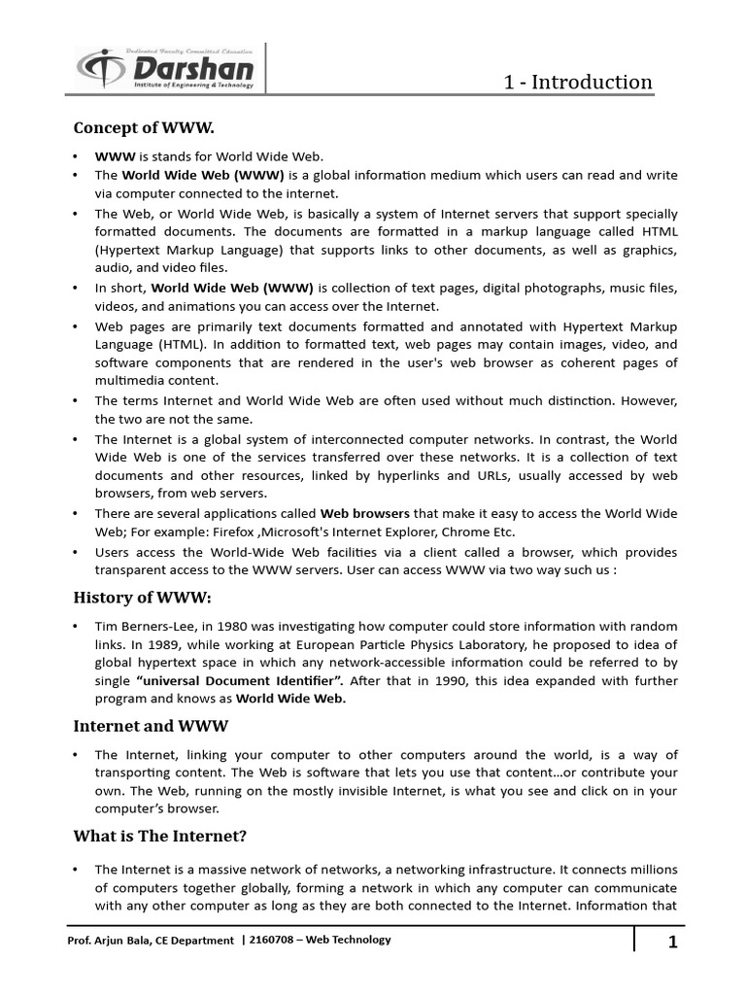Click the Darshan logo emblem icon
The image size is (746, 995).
click(99, 70)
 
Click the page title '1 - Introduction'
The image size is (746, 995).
click(577, 82)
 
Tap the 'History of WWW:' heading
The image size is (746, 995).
click(141, 597)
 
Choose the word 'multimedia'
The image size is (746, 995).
click(130, 381)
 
